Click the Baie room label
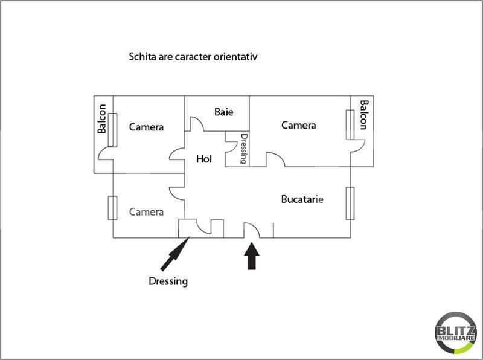[223, 112]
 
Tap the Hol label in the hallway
[204, 159]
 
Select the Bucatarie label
[302, 199]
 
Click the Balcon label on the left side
[101, 118]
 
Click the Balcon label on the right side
[363, 115]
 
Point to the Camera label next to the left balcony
[146, 127]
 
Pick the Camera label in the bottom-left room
[146, 212]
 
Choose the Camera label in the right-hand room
[298, 125]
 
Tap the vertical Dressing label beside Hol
[244, 149]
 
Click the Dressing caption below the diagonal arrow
[168, 281]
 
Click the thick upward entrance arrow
[252, 256]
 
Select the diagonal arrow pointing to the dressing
[174, 253]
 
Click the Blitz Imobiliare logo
[456, 333]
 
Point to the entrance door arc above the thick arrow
[252, 230]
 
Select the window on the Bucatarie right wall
[350, 204]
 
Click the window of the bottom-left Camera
[112, 208]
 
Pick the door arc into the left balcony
[106, 153]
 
